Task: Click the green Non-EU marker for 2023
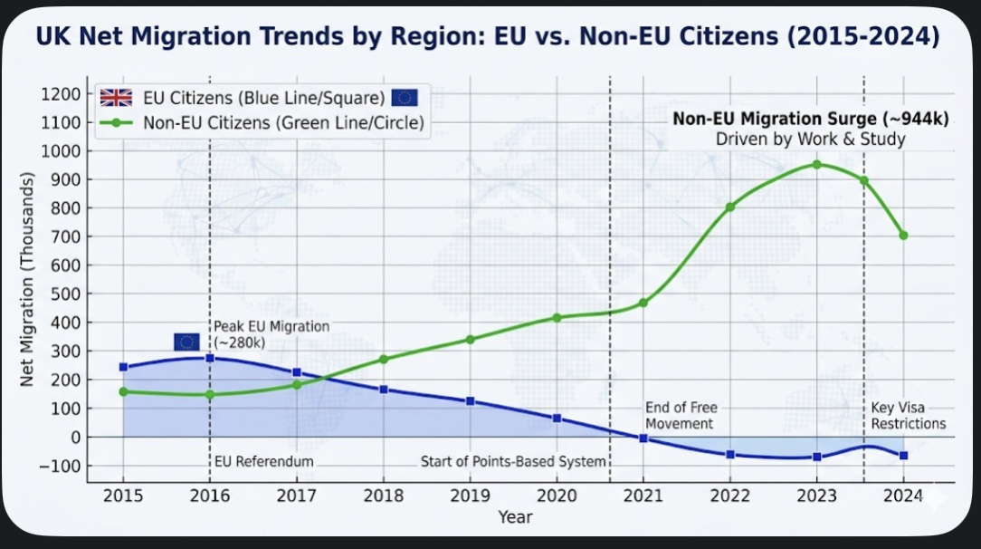(816, 165)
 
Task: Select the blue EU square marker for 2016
(210, 358)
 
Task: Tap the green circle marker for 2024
(903, 236)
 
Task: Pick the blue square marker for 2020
(557, 419)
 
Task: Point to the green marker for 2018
(384, 360)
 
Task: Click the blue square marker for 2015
(123, 367)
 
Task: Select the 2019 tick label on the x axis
(471, 496)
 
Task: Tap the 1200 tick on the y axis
(61, 94)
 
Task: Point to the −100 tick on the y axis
(60, 467)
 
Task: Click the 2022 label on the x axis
(730, 496)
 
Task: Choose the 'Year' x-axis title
(516, 517)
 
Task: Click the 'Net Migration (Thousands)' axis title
(27, 279)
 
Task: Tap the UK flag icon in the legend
(117, 98)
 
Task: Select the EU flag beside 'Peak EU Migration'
(186, 342)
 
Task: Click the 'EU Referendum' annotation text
(264, 461)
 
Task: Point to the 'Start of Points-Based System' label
(513, 461)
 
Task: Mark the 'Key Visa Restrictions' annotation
(909, 416)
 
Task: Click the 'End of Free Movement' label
(681, 416)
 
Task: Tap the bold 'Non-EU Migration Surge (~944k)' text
(811, 119)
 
